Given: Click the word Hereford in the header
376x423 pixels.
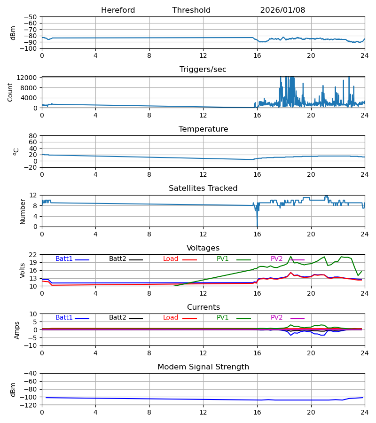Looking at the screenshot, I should click(118, 10).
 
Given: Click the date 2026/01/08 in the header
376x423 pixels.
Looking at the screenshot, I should click(282, 10).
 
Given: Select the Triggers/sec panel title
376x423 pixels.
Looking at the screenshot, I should click(203, 70).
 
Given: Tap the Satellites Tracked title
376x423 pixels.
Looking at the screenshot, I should click(203, 188).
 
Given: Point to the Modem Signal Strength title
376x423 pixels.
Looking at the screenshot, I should click(203, 367).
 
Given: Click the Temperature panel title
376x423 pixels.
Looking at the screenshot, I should click(203, 129).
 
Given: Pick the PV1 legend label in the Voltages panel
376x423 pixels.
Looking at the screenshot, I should click(223, 259).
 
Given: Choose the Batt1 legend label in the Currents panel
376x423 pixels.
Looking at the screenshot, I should click(64, 318).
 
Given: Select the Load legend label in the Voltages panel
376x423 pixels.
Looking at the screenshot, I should click(171, 259).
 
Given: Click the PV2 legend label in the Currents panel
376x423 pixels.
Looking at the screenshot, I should click(277, 318).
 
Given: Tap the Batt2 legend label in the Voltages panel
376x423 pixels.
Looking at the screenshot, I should click(117, 259).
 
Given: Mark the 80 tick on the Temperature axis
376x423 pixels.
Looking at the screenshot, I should click(33, 136).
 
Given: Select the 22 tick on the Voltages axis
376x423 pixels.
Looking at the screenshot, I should click(33, 255).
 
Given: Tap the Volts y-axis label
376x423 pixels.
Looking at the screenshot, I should click(23, 270).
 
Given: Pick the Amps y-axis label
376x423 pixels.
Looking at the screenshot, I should click(17, 330).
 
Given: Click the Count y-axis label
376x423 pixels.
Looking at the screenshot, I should click(10, 92).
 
